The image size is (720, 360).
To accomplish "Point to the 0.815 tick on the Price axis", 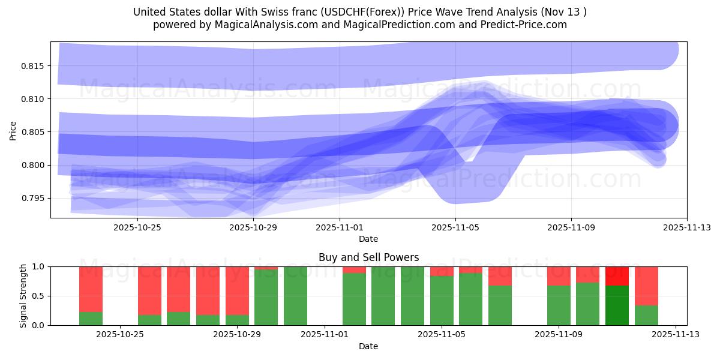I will click(x=34, y=65).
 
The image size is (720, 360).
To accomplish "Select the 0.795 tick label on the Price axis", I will click(x=34, y=198).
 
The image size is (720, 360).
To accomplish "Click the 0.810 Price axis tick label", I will click(x=34, y=98).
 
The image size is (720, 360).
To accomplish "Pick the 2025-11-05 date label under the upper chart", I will click(x=455, y=227).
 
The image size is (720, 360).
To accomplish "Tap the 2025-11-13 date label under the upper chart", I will click(x=687, y=227).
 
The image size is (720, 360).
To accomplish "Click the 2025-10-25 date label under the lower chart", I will click(x=121, y=335).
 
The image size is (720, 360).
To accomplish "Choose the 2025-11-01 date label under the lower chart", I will click(x=325, y=335).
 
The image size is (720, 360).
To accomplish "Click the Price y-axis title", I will click(x=13, y=130).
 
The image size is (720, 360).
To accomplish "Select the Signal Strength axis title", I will click(x=23, y=296).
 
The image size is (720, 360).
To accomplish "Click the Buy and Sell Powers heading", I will click(x=368, y=257).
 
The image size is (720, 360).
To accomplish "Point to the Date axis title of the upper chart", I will click(x=368, y=239).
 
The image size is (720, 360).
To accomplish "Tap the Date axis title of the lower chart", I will click(x=368, y=346).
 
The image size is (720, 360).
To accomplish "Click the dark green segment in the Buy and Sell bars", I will click(x=617, y=305).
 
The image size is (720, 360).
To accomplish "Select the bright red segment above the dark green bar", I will click(x=617, y=276).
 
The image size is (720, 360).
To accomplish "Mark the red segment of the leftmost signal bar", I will click(x=91, y=289).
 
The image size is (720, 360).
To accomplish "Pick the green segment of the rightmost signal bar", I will click(x=646, y=315).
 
